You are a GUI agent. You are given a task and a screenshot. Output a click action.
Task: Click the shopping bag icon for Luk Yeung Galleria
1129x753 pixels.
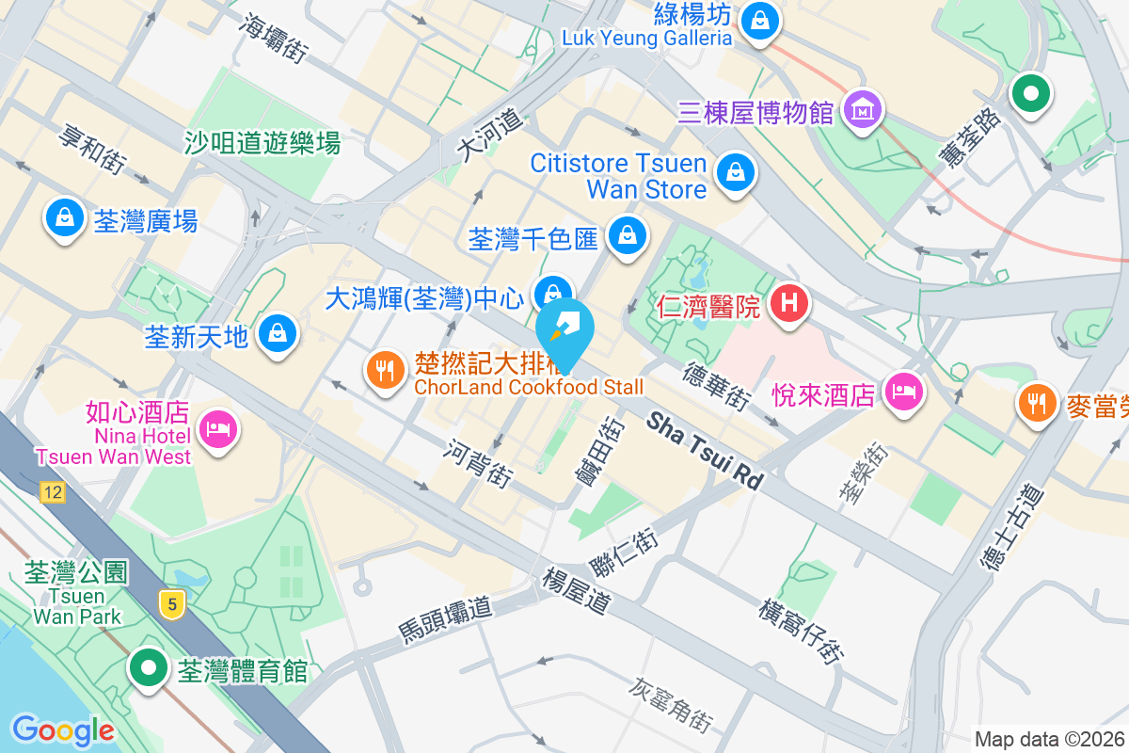point(758,20)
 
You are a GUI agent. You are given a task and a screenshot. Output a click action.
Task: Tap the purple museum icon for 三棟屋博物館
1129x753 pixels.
point(863,110)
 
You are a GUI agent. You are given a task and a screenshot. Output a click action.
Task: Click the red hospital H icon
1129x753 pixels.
point(789,303)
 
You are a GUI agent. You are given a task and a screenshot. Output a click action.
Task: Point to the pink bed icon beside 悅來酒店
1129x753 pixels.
point(904,390)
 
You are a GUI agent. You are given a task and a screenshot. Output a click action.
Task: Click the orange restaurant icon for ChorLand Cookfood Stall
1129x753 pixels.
point(384,370)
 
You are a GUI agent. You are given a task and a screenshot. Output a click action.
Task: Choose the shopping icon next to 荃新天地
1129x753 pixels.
point(278,332)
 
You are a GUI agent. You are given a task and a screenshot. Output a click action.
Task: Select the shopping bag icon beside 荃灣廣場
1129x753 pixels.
point(64,219)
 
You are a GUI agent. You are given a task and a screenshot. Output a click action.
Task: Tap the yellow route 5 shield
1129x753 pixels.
point(171,603)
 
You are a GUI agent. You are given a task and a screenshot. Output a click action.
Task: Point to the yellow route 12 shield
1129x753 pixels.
point(53,491)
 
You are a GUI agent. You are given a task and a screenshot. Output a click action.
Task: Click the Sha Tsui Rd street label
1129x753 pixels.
point(705,451)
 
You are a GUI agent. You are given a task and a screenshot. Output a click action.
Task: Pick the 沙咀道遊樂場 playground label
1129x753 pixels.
point(262,143)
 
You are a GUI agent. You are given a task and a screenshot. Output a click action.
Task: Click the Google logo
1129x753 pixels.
point(63,730)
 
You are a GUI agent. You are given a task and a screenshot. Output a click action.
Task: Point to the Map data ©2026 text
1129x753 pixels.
point(1049,740)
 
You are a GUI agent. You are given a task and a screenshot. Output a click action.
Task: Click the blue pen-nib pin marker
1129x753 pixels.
point(565,329)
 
